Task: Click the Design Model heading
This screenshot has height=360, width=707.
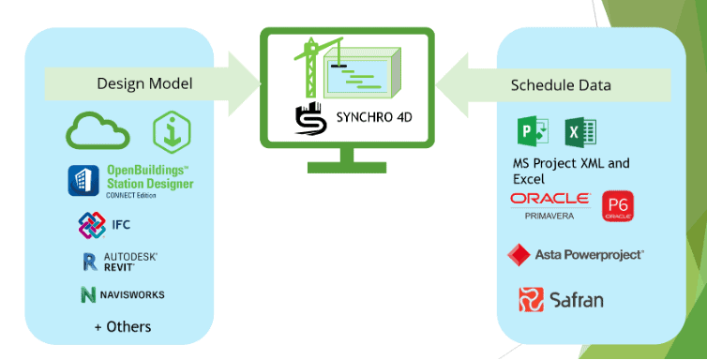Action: pyautogui.click(x=144, y=84)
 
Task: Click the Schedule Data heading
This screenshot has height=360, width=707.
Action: pyautogui.click(x=561, y=84)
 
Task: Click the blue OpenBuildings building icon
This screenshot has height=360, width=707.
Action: pyautogui.click(x=83, y=180)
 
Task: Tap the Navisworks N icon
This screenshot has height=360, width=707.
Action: pyautogui.click(x=89, y=294)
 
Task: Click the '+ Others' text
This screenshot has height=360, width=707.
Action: pyautogui.click(x=122, y=326)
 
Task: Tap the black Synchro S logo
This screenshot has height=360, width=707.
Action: pyautogui.click(x=308, y=122)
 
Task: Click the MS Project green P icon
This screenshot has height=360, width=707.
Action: pyautogui.click(x=532, y=130)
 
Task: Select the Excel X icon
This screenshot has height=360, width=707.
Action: pyautogui.click(x=575, y=130)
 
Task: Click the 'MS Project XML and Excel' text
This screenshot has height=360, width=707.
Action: pyautogui.click(x=564, y=170)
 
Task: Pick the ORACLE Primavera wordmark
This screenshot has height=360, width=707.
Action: pyautogui.click(x=549, y=203)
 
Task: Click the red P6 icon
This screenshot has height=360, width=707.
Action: pyautogui.click(x=616, y=204)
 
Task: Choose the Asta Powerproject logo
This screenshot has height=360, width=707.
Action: pyautogui.click(x=575, y=254)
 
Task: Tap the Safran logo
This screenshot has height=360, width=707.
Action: pyautogui.click(x=562, y=299)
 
